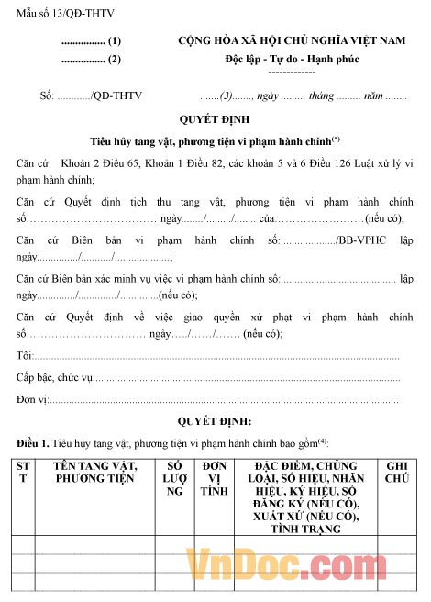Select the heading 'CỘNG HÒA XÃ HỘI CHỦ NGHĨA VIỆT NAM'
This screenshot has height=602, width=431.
(x=291, y=41)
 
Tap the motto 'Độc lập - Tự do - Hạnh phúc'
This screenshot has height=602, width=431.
(x=292, y=60)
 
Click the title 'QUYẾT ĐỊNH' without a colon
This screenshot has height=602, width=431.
(x=215, y=119)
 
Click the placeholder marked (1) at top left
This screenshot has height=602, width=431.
(x=91, y=42)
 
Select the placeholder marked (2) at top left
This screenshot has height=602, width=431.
(x=91, y=61)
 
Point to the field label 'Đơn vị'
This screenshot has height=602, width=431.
(x=32, y=399)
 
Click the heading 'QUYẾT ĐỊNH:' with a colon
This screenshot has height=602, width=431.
(x=215, y=421)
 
